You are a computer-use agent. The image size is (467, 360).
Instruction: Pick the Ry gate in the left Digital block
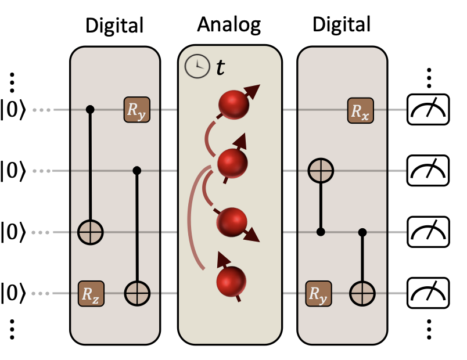(x=136, y=110)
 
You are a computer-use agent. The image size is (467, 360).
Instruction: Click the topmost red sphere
(x=233, y=105)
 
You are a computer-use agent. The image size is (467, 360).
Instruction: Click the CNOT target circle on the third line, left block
(x=91, y=233)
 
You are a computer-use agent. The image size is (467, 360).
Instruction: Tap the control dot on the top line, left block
(x=91, y=109)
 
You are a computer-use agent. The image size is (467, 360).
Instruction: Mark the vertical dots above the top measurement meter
(x=429, y=77)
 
